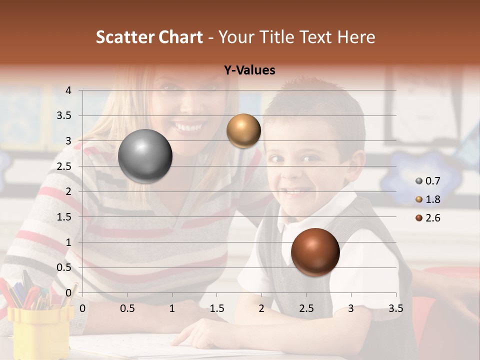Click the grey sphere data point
(145, 156)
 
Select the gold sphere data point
(243, 130)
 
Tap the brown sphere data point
(315, 252)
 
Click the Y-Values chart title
(249, 70)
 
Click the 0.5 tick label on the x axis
(127, 308)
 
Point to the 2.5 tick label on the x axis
(306, 308)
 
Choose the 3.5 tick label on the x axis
(395, 308)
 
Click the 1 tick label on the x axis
(172, 308)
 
